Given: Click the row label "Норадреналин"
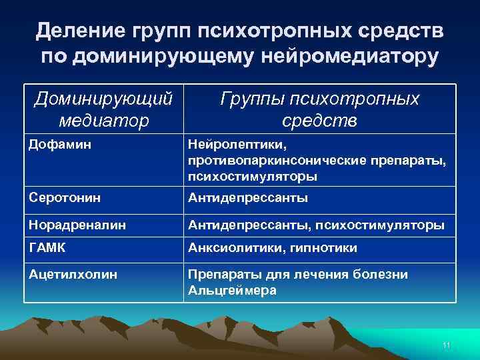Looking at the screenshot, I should [68, 225].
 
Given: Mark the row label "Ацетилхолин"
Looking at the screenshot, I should [65, 274].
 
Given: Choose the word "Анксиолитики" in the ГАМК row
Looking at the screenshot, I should [229, 248].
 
